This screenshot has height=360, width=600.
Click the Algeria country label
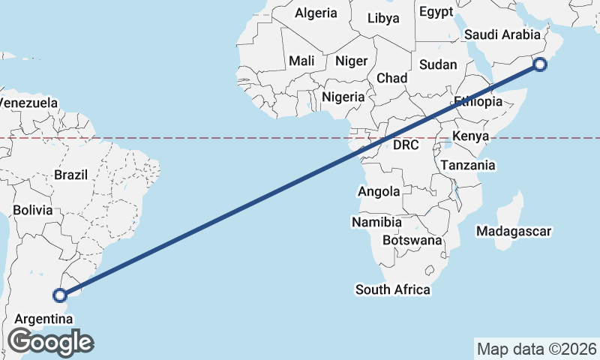(x=316, y=13)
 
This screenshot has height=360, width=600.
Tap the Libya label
(x=383, y=17)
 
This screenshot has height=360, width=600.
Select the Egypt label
(x=436, y=11)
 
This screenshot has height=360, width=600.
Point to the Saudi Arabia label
(x=502, y=34)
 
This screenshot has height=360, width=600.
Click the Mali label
(x=301, y=61)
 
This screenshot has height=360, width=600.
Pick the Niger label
(x=351, y=61)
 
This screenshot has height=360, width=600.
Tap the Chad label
(x=391, y=78)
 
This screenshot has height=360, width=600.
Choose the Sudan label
(x=438, y=64)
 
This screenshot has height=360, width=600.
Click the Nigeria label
(x=343, y=97)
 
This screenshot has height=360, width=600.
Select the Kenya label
(x=471, y=136)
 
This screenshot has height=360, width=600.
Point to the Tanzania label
(x=468, y=165)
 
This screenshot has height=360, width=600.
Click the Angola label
(x=379, y=192)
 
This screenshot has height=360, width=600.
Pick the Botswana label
(x=412, y=241)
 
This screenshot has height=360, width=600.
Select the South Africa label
(x=393, y=289)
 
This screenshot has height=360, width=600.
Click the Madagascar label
(x=514, y=231)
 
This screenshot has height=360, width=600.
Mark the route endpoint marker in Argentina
(x=61, y=296)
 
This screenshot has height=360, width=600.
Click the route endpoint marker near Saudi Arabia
(x=540, y=65)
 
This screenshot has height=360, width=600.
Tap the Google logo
(x=51, y=342)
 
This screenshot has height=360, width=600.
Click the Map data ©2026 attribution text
(x=536, y=349)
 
